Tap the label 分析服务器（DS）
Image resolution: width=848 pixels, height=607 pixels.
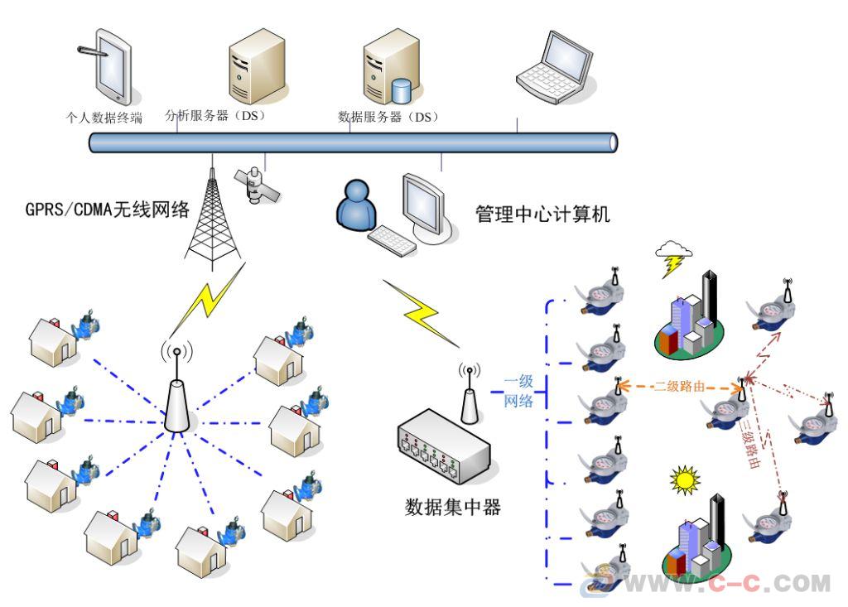(214, 116)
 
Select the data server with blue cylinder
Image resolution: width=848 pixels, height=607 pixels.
(388, 70)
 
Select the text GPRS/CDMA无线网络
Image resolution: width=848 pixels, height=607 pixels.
(108, 210)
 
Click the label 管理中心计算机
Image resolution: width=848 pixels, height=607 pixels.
(542, 214)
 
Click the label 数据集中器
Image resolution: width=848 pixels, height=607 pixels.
(453, 507)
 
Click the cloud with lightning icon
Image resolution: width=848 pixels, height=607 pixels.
(672, 257)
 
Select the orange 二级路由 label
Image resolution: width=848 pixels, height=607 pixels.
(679, 387)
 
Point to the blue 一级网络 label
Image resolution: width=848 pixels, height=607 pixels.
(519, 392)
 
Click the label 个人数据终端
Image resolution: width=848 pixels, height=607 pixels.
(104, 118)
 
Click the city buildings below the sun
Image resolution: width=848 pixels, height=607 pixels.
(697, 537)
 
